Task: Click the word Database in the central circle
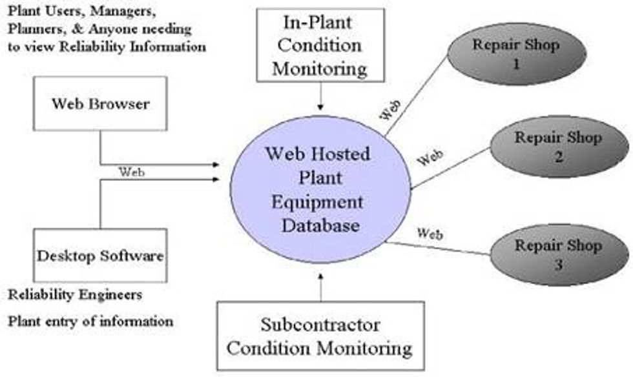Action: pos(319,225)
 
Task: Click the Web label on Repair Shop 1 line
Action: pos(389,110)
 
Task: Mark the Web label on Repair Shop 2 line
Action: pos(430,157)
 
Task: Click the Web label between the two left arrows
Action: pos(132,172)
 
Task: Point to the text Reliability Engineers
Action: pos(74,295)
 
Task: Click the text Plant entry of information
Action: pos(90,320)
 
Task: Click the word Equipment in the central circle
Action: pos(319,202)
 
